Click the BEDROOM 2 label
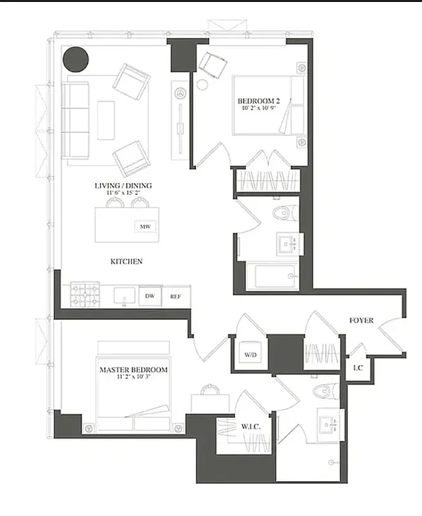point(259,101)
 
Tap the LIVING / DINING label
point(123,186)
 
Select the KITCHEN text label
point(126,261)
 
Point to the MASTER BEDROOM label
point(133,370)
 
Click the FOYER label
point(361,321)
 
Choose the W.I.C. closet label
point(250,427)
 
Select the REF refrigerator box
point(176,296)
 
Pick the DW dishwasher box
point(149,295)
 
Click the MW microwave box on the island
point(144,227)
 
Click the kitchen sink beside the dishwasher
point(123,295)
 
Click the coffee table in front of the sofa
point(106,119)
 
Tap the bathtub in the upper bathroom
point(274,276)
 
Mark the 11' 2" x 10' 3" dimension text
point(133,378)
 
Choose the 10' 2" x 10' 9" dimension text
point(259,110)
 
